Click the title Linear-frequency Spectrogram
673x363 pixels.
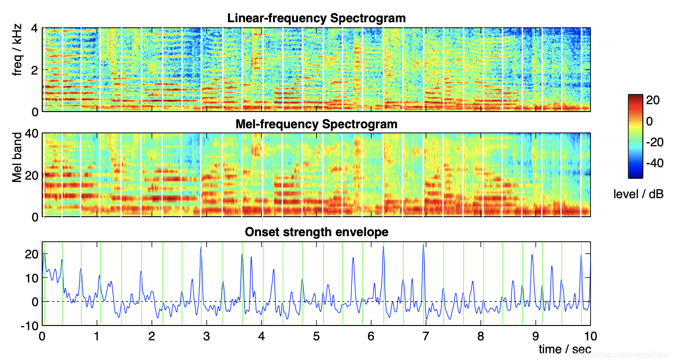click(x=316, y=19)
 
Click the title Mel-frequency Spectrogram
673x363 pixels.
click(x=316, y=125)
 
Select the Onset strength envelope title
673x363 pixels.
click(x=316, y=232)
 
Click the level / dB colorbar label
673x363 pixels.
click(x=638, y=194)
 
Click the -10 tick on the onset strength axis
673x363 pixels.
click(x=29, y=326)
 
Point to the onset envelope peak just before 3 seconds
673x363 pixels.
click(x=201, y=247)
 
